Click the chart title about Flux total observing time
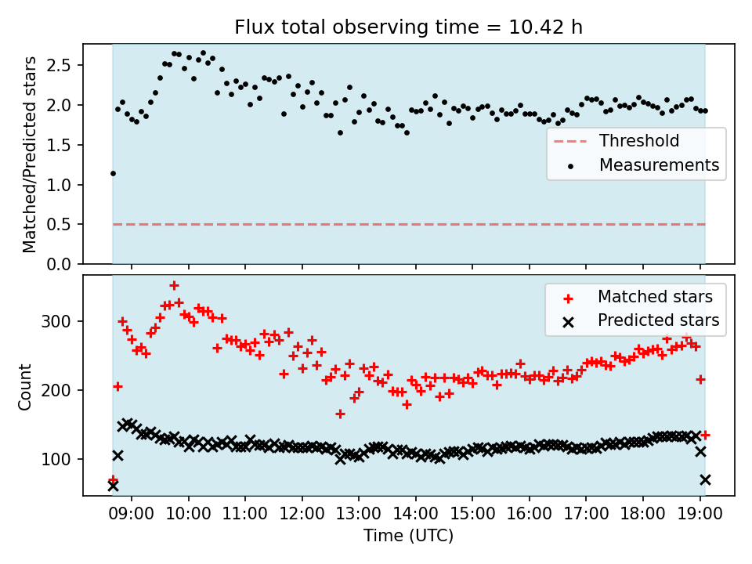[408, 27]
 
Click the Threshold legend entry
[616, 140]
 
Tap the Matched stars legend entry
[638, 297]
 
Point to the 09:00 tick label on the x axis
[132, 514]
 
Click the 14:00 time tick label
[415, 514]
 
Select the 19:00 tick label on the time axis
[700, 514]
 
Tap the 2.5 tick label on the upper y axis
[59, 65]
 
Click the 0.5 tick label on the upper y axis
[59, 225]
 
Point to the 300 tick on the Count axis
[56, 321]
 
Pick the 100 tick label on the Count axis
[56, 460]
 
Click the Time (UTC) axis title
[408, 535]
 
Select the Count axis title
[24, 387]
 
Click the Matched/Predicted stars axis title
[29, 154]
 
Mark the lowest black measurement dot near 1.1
[113, 174]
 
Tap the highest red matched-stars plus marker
[174, 286]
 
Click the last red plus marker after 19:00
[705, 435]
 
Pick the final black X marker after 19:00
[705, 479]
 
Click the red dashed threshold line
[409, 225]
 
